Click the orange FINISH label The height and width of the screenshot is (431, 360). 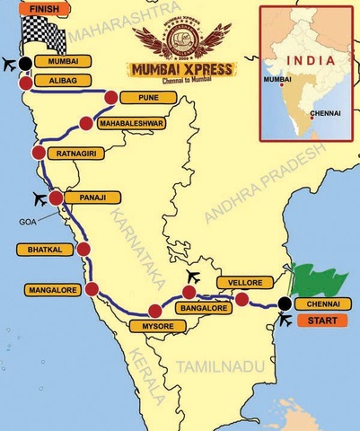pos(24,9)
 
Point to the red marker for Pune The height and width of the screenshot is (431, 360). pos(110,98)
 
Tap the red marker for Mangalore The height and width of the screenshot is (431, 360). pos(91,289)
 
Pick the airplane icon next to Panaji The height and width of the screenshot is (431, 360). pos(39,198)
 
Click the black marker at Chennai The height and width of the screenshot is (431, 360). pos(285,303)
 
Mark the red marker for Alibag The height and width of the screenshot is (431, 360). pos(27,82)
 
